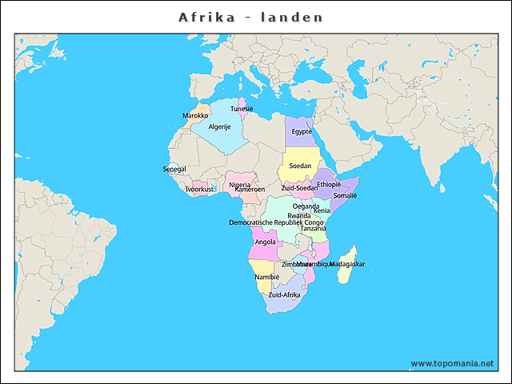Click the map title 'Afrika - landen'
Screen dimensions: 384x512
[250, 17]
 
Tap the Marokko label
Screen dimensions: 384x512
[195, 116]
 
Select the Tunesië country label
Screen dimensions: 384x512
[242, 109]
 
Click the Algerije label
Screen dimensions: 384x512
[220, 127]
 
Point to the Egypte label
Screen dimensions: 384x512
[302, 132]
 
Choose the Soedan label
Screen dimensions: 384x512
[300, 166]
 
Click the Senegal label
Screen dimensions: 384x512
[174, 170]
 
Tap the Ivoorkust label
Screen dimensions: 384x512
[200, 190]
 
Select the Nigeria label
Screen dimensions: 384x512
[240, 185]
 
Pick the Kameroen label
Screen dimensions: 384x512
[250, 190]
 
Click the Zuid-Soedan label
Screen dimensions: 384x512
[299, 188]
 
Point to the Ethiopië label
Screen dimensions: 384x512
[329, 184]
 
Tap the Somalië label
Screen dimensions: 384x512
[345, 195]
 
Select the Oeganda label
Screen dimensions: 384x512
[306, 206]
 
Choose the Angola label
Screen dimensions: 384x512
[265, 242]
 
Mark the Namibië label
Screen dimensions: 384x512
[266, 277]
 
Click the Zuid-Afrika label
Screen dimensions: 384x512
[284, 294]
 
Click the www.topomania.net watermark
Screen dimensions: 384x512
[452, 363]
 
